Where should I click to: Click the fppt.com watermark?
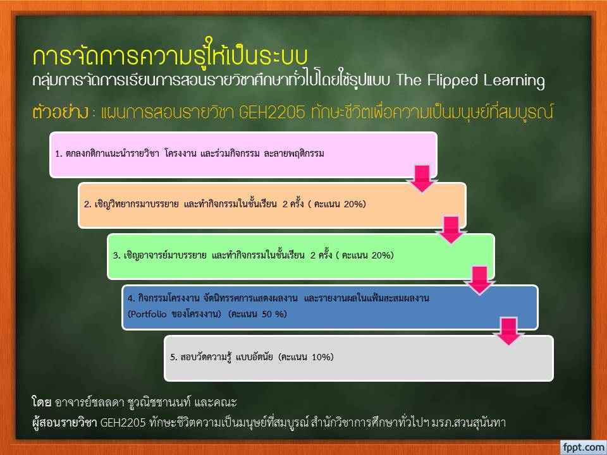584,447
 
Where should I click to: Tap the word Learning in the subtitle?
513,80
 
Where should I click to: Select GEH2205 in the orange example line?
272,112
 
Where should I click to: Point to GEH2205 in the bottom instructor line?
123,423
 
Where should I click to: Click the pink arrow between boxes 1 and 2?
422,179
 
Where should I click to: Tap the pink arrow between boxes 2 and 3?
451,230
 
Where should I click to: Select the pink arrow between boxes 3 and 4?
480,281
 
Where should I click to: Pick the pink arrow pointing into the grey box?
508,331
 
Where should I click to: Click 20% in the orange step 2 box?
355,204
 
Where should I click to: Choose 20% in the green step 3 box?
383,255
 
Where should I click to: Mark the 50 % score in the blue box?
273,314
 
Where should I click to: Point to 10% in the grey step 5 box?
322,356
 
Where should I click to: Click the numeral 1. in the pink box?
59,154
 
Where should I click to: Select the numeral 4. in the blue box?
132,298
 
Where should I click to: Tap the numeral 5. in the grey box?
174,356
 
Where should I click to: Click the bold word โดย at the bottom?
42,402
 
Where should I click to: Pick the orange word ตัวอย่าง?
61,112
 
